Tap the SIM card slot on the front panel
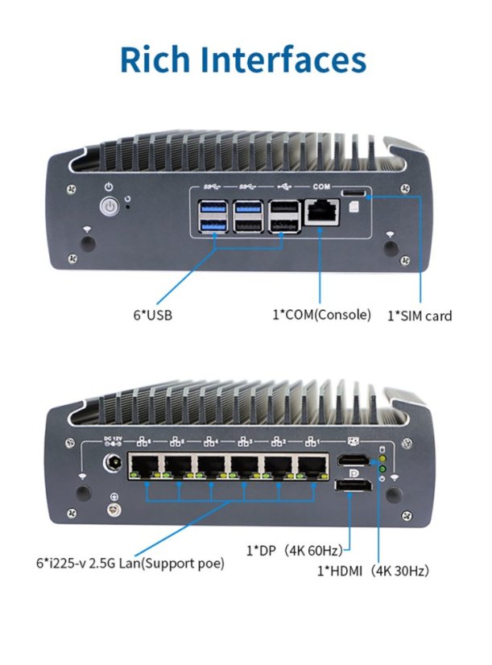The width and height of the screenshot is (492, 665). pyautogui.click(x=352, y=194)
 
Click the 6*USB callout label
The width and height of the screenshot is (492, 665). pyautogui.click(x=153, y=315)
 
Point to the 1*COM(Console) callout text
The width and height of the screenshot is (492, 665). pyautogui.click(x=321, y=314)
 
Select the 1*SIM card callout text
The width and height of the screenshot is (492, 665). pyautogui.click(x=420, y=315)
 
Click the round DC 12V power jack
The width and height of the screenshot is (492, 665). pyautogui.click(x=114, y=464)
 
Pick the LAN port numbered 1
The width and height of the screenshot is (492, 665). pyautogui.click(x=312, y=466)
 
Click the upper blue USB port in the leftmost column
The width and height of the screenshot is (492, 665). pyautogui.click(x=210, y=210)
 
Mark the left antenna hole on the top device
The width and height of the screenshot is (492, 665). pyautogui.click(x=88, y=242)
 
